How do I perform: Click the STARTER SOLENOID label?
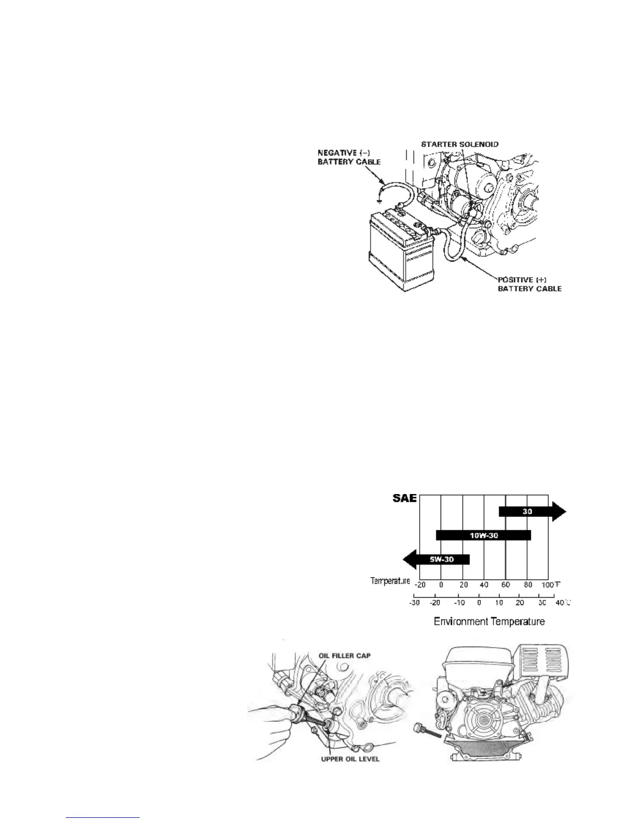pos(460,144)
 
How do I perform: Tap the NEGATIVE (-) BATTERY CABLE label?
pos(349,157)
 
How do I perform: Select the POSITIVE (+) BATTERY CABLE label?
pos(529,284)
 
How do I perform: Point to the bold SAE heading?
pos(404,499)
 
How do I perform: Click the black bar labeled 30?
pos(527,512)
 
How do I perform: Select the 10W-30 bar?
pos(484,535)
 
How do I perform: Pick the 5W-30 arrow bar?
pos(441,559)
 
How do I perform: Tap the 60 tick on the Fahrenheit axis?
pos(506,585)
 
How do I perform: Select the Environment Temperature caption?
pos(489,621)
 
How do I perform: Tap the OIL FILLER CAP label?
pos(345,655)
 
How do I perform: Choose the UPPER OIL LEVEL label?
pos(350,759)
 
